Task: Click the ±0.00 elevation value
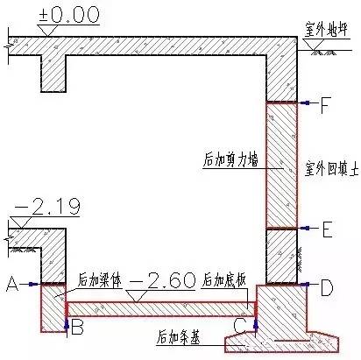tap(69, 15)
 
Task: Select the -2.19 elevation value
tap(47, 206)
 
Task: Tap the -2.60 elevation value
tap(162, 280)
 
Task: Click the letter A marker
tap(12, 284)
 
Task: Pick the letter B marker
tap(77, 327)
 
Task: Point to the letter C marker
tap(240, 326)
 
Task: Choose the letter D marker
tap(327, 288)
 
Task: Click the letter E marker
tap(327, 229)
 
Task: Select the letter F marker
tap(325, 105)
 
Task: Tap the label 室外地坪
tap(326, 29)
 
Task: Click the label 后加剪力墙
tap(230, 159)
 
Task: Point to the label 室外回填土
tap(331, 168)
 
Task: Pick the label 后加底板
tap(224, 280)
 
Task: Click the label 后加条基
tap(179, 337)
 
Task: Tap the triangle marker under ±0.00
tap(47, 31)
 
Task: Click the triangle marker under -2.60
tap(137, 296)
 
